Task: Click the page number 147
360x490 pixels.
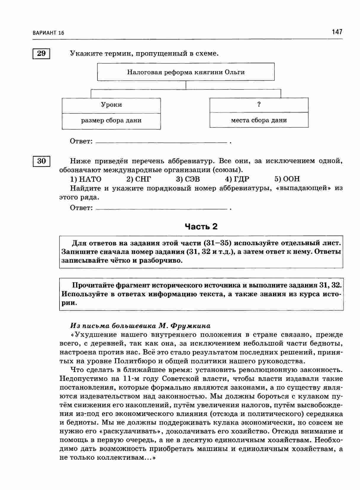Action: (x=337, y=32)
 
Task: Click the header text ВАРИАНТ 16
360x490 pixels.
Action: (x=49, y=33)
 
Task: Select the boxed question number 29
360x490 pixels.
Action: (x=41, y=54)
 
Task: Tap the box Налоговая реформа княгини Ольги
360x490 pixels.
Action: (x=186, y=72)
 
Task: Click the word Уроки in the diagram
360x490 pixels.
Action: (x=111, y=105)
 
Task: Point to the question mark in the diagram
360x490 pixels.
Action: (x=259, y=104)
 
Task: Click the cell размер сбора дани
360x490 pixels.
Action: (x=111, y=121)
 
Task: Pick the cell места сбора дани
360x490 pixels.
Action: (x=259, y=120)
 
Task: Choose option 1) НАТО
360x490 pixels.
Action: (x=86, y=179)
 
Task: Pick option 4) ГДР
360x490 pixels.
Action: (x=237, y=179)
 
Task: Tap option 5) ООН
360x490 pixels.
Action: (x=287, y=179)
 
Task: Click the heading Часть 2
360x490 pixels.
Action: (x=201, y=227)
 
